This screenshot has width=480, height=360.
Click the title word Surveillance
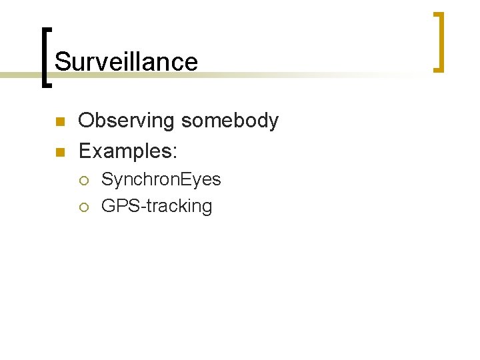click(126, 62)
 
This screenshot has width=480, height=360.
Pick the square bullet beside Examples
click(59, 153)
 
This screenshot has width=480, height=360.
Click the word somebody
click(230, 121)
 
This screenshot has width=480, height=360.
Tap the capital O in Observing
click(87, 121)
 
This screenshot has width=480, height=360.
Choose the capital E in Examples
click(85, 151)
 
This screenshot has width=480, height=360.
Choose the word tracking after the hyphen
click(176, 207)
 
